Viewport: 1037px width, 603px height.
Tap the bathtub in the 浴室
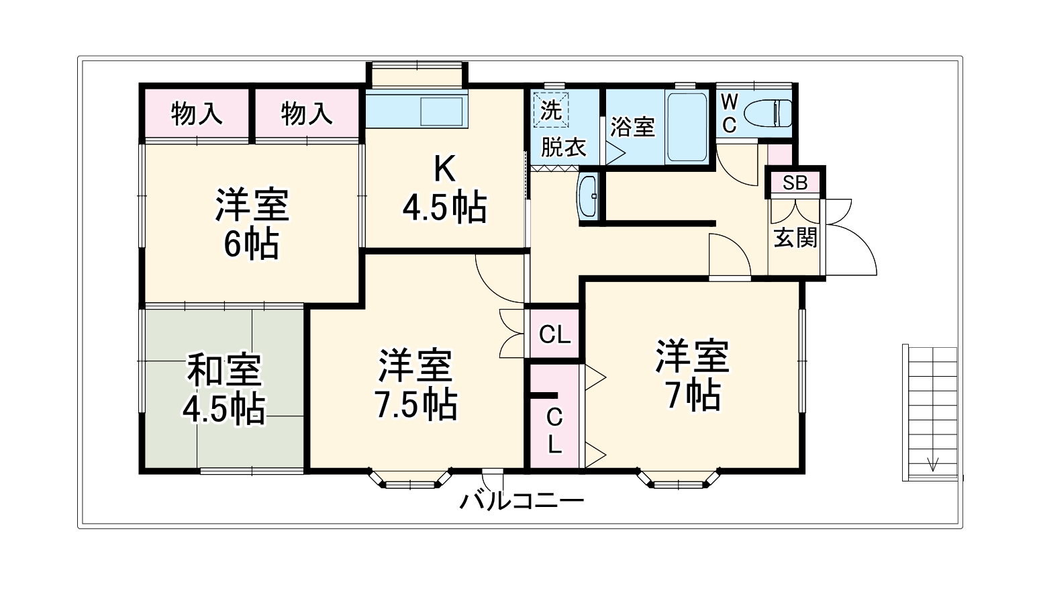[x=687, y=127]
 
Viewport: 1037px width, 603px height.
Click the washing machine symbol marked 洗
[x=551, y=109]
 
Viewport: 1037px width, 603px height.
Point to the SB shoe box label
[x=795, y=183]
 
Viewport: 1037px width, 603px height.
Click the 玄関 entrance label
[x=795, y=237]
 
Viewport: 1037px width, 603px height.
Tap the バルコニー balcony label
[x=522, y=501]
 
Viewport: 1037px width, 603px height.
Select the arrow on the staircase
[x=933, y=464]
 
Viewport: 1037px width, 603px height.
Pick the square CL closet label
[x=554, y=334]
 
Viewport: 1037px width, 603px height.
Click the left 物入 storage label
[x=196, y=113]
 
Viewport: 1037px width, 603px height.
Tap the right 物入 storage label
[x=307, y=113]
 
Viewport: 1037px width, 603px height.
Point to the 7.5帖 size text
[x=415, y=404]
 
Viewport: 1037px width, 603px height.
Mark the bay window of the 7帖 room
[x=678, y=479]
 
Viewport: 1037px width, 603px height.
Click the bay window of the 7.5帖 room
[x=409, y=479]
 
